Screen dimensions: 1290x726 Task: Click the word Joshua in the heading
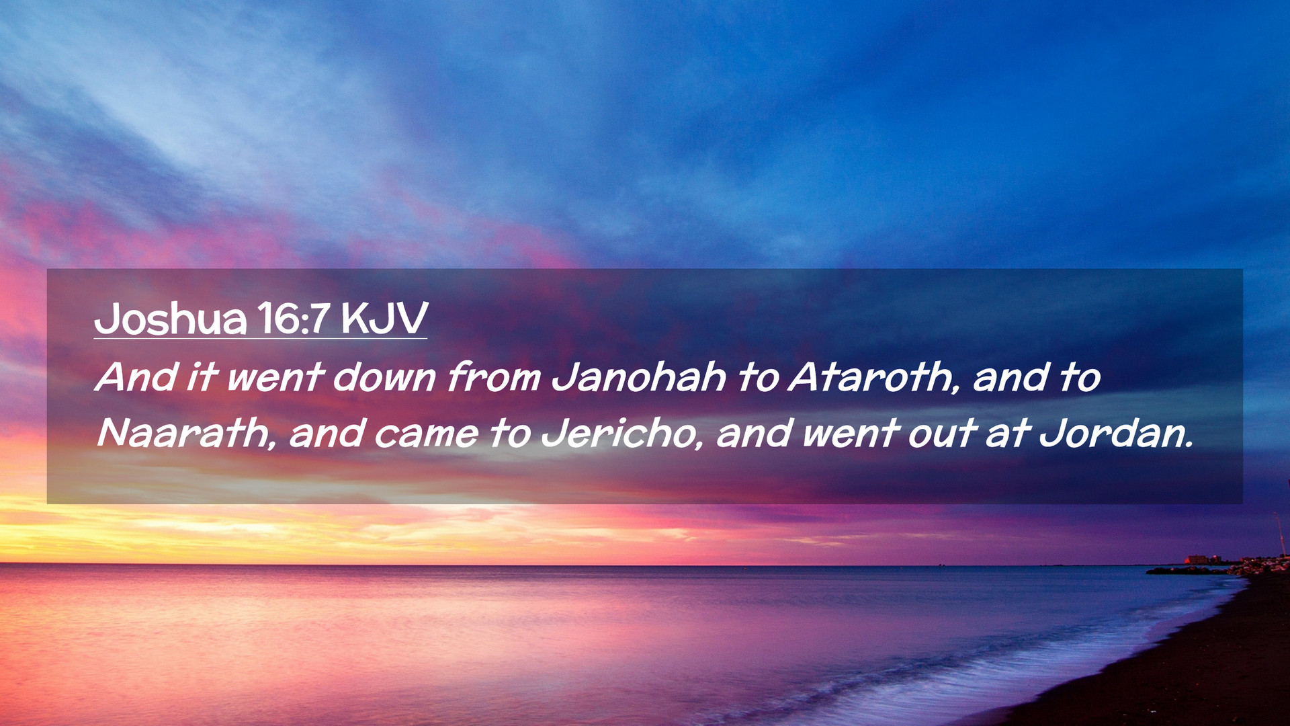coord(171,319)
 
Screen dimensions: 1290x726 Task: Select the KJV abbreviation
coord(384,319)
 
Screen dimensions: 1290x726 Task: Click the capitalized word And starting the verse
coord(136,376)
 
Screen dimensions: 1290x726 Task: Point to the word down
coord(384,376)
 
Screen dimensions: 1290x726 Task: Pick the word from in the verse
coord(493,376)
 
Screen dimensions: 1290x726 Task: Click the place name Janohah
coord(639,376)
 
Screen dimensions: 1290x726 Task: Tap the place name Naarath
coord(181,433)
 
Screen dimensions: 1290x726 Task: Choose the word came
coord(426,434)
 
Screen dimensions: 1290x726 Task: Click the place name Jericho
coord(618,433)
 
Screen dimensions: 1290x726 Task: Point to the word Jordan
coord(1111,433)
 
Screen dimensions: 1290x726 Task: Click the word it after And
coord(202,376)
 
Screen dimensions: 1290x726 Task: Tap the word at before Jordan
coord(1008,434)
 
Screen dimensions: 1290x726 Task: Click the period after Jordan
coord(1189,445)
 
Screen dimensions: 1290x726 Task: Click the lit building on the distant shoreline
coord(1197,559)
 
